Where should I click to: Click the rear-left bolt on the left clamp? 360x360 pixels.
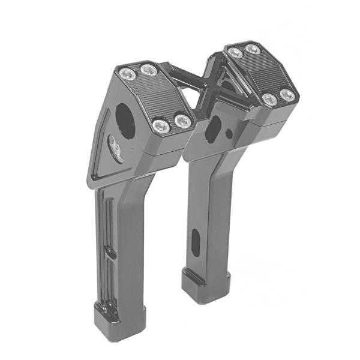click(x=127, y=74)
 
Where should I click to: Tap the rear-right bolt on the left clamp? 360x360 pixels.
click(x=147, y=70)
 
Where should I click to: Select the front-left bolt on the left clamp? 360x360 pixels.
click(x=160, y=126)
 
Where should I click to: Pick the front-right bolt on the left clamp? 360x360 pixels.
click(x=182, y=122)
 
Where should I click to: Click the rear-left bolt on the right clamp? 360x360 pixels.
click(x=236, y=53)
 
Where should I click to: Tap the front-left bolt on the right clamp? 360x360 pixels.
click(x=270, y=100)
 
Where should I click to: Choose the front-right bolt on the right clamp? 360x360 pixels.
click(x=289, y=95)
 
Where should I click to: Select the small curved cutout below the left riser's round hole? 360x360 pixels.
click(x=116, y=146)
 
